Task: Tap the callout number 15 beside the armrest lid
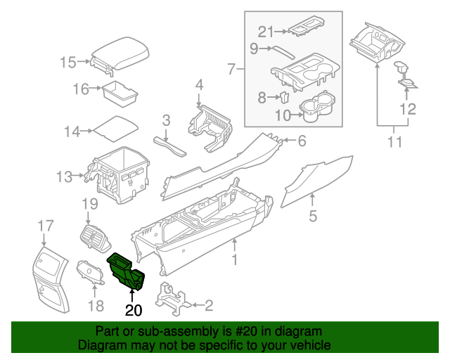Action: (x=67, y=63)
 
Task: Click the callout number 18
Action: (x=96, y=305)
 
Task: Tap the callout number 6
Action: (x=301, y=141)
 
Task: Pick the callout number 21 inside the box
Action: (x=264, y=31)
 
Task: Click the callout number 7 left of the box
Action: (x=231, y=69)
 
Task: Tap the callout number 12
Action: (x=408, y=109)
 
